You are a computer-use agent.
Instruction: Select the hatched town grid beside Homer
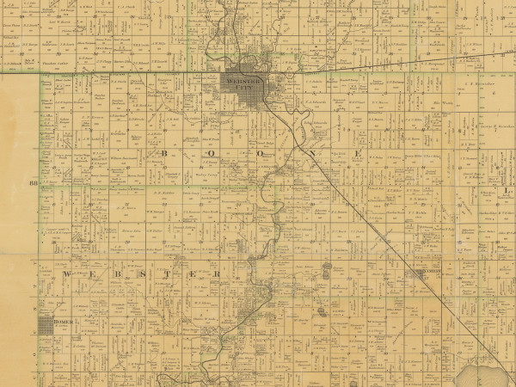tap(44, 326)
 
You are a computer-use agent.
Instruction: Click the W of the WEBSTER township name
tap(66, 273)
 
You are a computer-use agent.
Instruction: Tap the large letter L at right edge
tap(507, 191)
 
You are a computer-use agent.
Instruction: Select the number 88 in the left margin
tap(34, 183)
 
